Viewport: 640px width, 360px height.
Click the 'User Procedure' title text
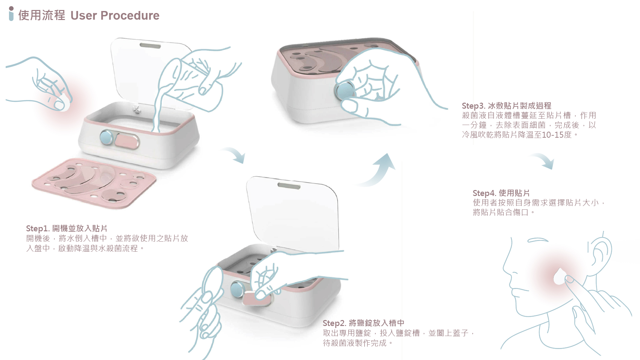point(115,16)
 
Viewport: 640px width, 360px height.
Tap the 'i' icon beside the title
point(11,14)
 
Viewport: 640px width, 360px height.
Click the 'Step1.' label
point(38,228)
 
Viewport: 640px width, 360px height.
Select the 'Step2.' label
point(334,323)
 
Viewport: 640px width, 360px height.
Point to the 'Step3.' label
point(473,106)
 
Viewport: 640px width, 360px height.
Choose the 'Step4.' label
point(484,193)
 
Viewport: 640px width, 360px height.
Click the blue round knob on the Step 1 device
point(106,137)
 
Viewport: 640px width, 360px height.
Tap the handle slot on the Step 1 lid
point(150,46)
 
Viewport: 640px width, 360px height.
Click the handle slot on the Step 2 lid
point(289,185)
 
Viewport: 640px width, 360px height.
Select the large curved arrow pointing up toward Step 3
point(380,172)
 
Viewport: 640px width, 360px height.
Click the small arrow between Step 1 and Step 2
point(235,154)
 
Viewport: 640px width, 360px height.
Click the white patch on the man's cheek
point(559,277)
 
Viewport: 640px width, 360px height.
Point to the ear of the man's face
point(600,252)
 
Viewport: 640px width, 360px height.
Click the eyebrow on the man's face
point(537,240)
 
